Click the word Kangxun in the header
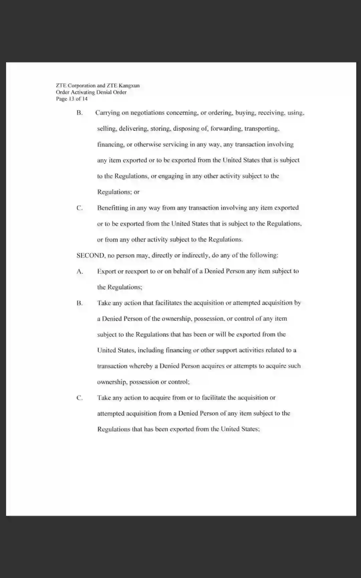[129, 86]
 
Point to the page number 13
[72, 99]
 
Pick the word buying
[245, 113]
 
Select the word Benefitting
[112, 208]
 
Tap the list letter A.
[80, 271]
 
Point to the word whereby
[141, 366]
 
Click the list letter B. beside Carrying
[80, 113]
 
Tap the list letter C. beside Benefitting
[80, 208]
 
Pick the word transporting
[262, 129]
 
